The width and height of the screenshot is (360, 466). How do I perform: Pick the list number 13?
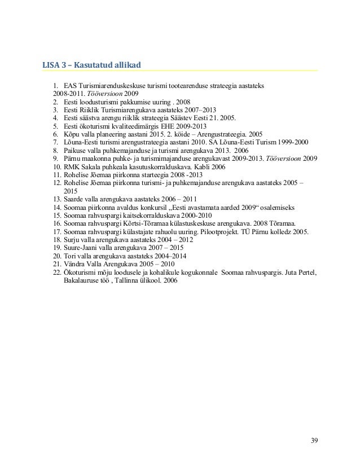pyautogui.click(x=56, y=199)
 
